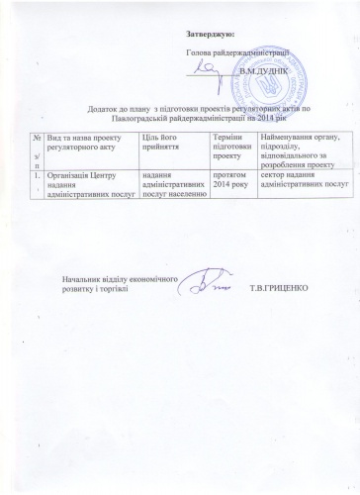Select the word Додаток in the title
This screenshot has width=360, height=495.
point(115,105)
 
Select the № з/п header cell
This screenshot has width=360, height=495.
point(37,148)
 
